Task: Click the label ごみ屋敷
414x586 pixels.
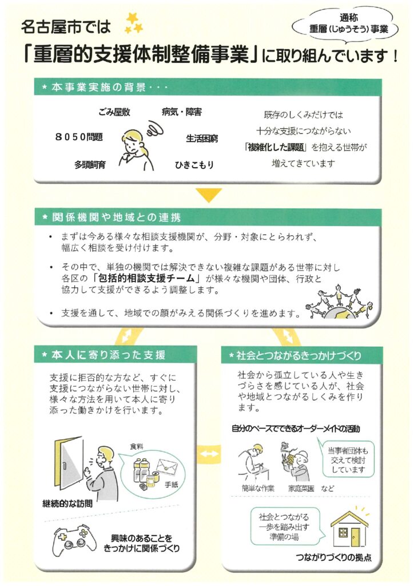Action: [x=114, y=112]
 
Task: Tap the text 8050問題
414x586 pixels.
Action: [x=79, y=137]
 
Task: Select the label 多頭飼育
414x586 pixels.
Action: [x=90, y=164]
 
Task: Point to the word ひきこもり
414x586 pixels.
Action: [x=194, y=165]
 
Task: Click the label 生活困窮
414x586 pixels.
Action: [x=202, y=138]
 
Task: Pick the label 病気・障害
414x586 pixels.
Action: [x=182, y=112]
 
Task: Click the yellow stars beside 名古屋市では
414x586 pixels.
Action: [x=134, y=23]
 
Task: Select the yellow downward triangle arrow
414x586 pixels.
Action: [x=209, y=195]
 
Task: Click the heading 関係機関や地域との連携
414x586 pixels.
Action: [x=117, y=217]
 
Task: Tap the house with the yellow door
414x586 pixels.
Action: [x=349, y=528]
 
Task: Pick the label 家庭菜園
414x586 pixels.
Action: [x=301, y=488]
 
